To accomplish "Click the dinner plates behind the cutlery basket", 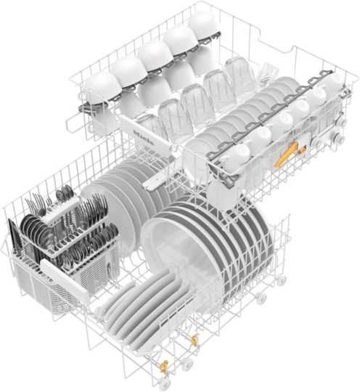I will point(120,189).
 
